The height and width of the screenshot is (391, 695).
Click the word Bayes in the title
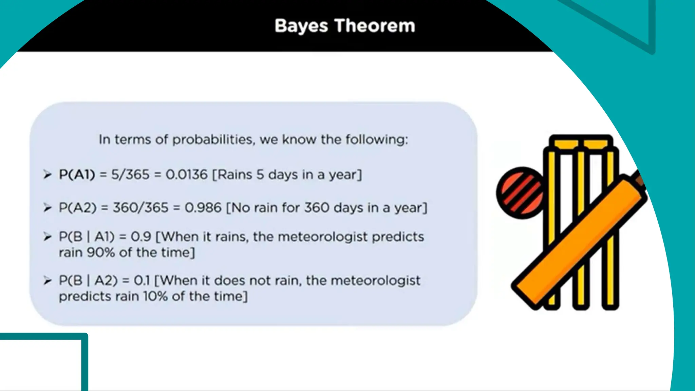(301, 26)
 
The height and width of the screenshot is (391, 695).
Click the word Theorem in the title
(375, 26)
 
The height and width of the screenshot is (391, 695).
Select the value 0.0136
(186, 174)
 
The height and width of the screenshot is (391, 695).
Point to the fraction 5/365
(130, 174)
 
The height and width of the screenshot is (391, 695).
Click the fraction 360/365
(140, 207)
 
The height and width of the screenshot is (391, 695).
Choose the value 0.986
(203, 207)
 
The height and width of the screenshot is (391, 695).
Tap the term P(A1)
(77, 174)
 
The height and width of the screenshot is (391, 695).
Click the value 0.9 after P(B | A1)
(141, 237)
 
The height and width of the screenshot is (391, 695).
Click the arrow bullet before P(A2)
(48, 207)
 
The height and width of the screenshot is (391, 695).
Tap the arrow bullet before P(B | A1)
(48, 237)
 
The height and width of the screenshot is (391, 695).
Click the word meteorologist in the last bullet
(375, 280)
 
